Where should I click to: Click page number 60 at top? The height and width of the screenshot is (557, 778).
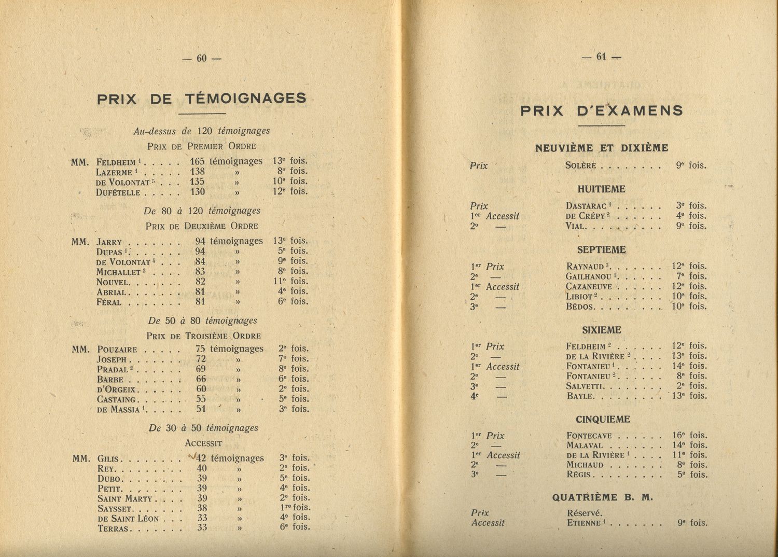(x=202, y=59)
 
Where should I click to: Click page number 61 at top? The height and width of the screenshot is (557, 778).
(x=601, y=57)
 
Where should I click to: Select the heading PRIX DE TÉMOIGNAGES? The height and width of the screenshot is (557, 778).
(x=202, y=99)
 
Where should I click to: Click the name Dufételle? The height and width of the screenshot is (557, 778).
(x=118, y=192)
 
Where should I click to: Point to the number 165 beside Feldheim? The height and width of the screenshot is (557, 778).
(x=198, y=161)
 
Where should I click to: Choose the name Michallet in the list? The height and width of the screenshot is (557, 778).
(x=119, y=272)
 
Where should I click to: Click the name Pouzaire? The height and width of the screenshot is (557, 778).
(x=117, y=350)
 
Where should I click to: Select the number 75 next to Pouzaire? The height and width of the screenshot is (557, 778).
(x=200, y=349)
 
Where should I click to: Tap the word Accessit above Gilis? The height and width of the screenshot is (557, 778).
(x=203, y=444)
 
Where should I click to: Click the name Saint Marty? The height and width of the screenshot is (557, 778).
(x=124, y=499)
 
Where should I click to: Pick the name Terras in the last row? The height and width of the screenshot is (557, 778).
(x=114, y=529)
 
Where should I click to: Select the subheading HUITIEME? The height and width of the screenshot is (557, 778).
(x=601, y=189)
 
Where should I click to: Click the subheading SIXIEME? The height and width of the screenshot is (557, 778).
(x=601, y=330)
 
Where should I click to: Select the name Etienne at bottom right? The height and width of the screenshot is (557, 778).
(x=584, y=523)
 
